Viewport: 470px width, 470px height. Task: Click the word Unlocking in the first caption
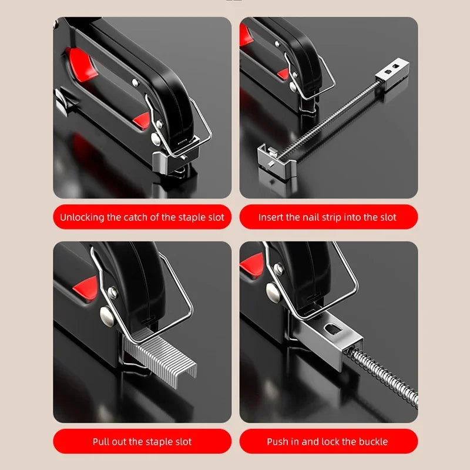point(82,217)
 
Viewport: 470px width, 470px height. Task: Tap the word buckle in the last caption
point(372,441)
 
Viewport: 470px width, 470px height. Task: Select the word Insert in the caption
point(272,217)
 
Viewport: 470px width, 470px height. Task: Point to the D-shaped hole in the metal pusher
point(332,333)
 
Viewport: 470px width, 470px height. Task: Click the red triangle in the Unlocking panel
point(141,121)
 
